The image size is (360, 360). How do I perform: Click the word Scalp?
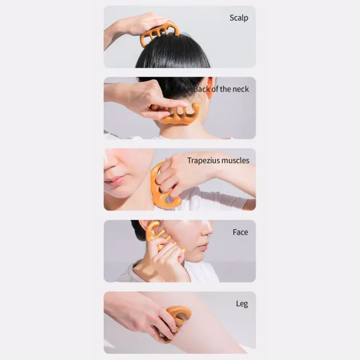click(239, 18)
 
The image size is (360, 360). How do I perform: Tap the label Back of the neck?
click(222, 89)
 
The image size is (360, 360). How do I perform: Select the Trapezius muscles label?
click(218, 160)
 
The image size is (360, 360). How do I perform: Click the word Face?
click(240, 232)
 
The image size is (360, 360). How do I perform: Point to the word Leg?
click(241, 303)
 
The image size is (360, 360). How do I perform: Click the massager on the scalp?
click(160, 31)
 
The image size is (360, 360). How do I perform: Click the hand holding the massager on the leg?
click(144, 314)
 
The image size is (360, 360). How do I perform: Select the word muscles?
click(234, 160)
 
